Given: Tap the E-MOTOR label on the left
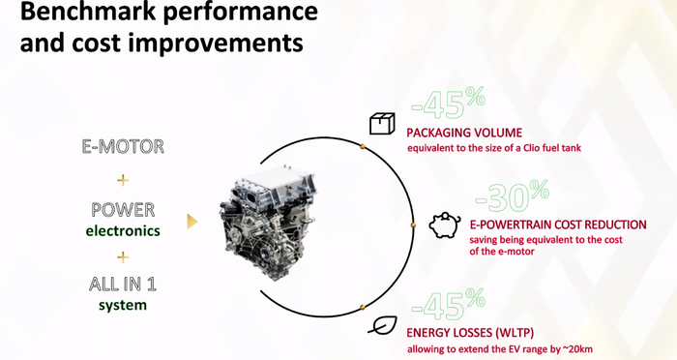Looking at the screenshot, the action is [123, 146].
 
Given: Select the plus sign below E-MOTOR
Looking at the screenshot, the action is [123, 180].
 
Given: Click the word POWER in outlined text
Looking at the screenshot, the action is [123, 210].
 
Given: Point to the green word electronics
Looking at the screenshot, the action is [123, 230].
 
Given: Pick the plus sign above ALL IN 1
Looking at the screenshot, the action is [123, 257].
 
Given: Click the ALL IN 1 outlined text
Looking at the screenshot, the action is [123, 284].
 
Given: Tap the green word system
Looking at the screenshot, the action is [123, 305].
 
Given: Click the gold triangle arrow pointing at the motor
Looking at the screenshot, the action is [192, 222].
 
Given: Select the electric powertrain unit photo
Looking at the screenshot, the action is [268, 222].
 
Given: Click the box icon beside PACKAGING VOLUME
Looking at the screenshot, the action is [382, 124].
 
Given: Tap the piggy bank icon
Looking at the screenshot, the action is [444, 225].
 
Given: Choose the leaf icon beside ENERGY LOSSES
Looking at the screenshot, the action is [383, 325].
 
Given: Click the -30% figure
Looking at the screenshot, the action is [512, 196].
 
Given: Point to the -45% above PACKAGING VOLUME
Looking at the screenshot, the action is [448, 103].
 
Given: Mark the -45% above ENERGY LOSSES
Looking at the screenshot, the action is [448, 305].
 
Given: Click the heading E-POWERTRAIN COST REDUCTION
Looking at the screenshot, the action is [558, 225].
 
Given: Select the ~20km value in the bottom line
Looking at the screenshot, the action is [577, 349].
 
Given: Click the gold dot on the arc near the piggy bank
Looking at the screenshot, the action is [413, 225].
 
